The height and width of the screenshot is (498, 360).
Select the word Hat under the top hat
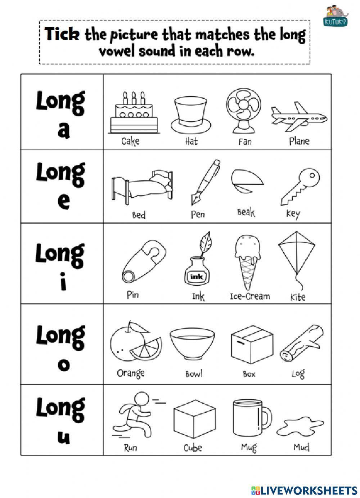[x=191, y=141]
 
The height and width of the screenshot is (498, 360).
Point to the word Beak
[x=246, y=212]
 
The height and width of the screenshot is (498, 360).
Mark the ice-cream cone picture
[x=247, y=261]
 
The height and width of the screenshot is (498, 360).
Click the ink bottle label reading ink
[x=197, y=277]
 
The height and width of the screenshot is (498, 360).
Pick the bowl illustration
[x=192, y=344]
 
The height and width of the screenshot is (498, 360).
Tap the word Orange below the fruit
[x=131, y=373]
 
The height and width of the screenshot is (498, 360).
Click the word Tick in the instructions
[x=62, y=34]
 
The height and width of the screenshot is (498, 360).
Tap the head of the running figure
[x=141, y=399]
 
